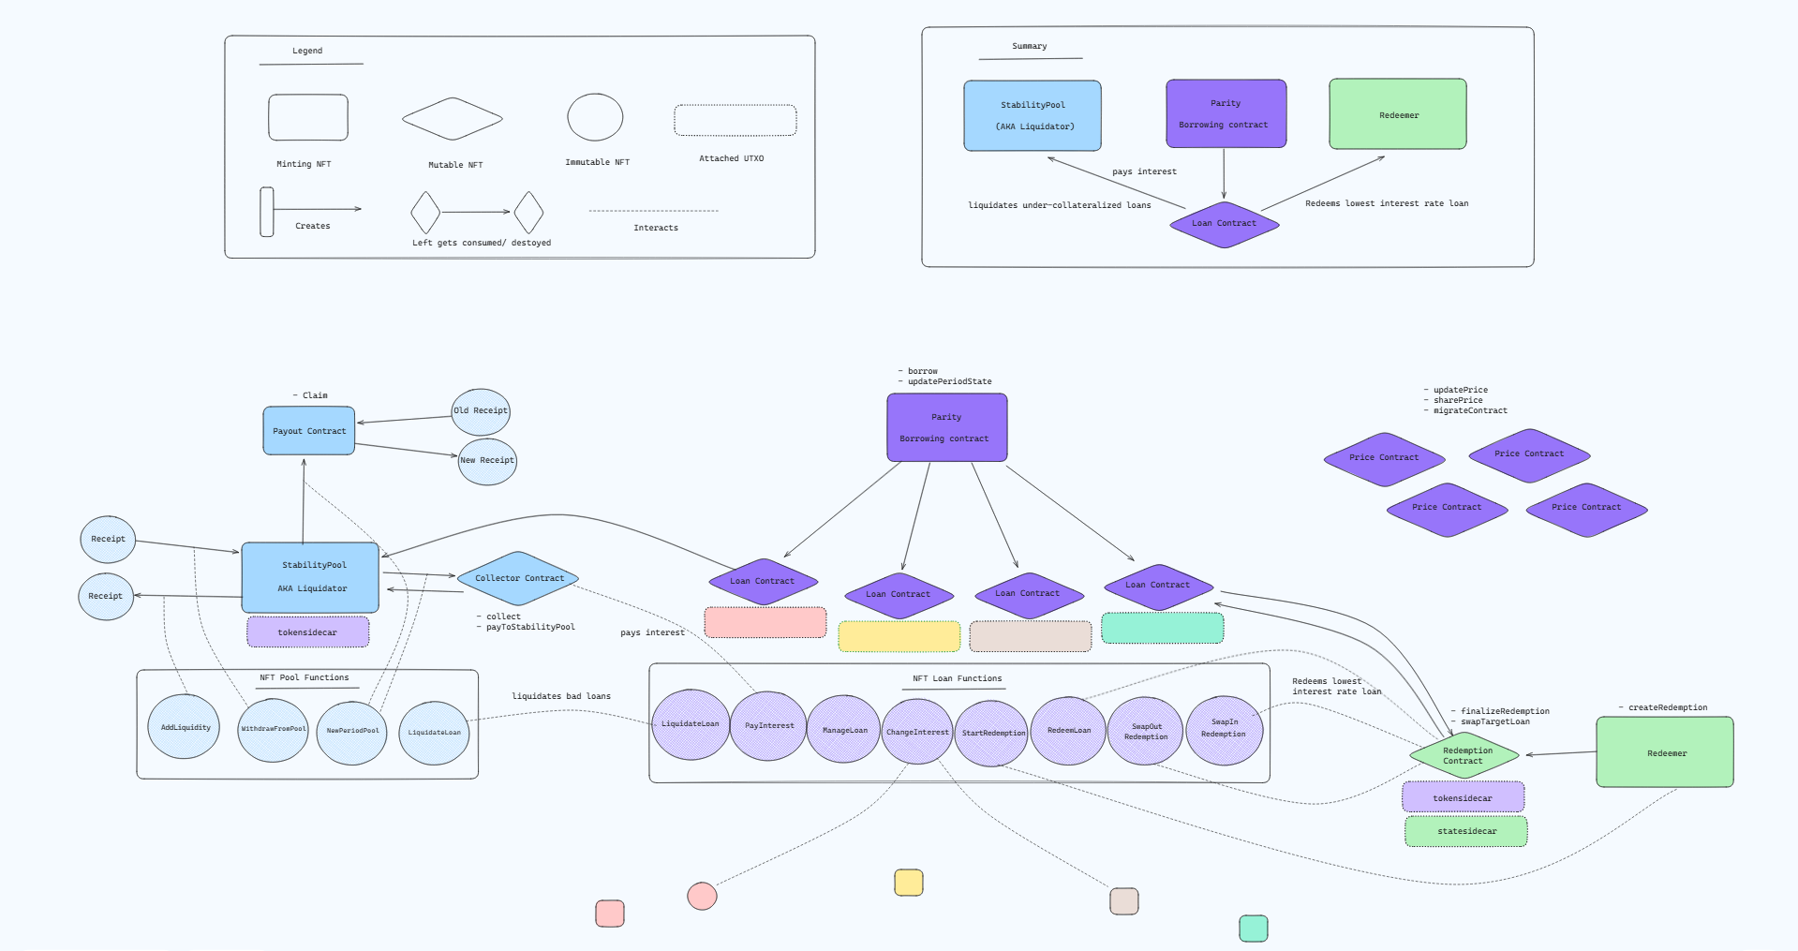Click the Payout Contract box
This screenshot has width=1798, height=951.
(308, 431)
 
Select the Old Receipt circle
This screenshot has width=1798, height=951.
(481, 411)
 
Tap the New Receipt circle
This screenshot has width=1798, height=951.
(487, 461)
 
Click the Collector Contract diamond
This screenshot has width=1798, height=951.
(518, 578)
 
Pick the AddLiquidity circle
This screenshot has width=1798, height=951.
(184, 727)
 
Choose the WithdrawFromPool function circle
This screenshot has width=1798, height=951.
(273, 729)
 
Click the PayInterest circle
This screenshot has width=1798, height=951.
(768, 725)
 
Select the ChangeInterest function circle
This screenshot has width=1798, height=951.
(917, 732)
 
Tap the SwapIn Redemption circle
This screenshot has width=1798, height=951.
(1224, 729)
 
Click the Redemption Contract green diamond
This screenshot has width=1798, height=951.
(1464, 755)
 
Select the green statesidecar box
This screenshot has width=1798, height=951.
(1465, 831)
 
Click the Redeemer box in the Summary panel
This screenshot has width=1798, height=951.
(1397, 114)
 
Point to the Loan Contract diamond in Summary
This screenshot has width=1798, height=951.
(1224, 224)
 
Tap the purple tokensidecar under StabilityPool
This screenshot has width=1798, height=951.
(307, 632)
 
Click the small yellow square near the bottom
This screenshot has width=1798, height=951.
(908, 883)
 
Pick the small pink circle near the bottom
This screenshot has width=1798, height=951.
(702, 896)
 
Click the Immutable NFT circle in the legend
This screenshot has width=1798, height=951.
(595, 118)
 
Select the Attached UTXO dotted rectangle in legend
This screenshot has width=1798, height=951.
(735, 121)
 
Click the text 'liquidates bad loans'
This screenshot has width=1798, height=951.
(560, 696)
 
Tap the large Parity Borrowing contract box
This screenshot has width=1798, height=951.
(946, 427)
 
